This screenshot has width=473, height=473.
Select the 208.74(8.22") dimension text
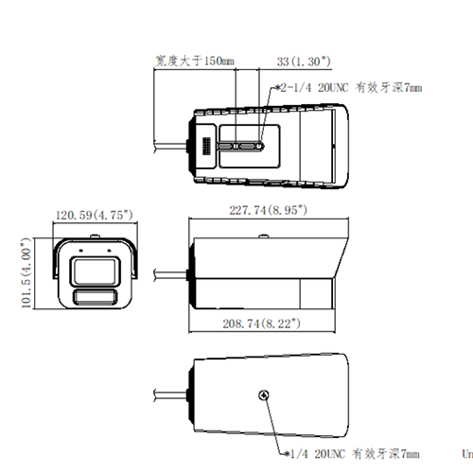point(262,324)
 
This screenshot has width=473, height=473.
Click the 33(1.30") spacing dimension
point(304,61)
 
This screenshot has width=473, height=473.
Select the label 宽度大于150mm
point(194,61)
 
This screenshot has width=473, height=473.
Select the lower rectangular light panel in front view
point(96,299)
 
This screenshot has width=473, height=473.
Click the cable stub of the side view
point(170,276)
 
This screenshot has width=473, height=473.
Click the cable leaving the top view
point(170,146)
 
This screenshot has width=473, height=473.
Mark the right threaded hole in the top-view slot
point(261,147)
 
